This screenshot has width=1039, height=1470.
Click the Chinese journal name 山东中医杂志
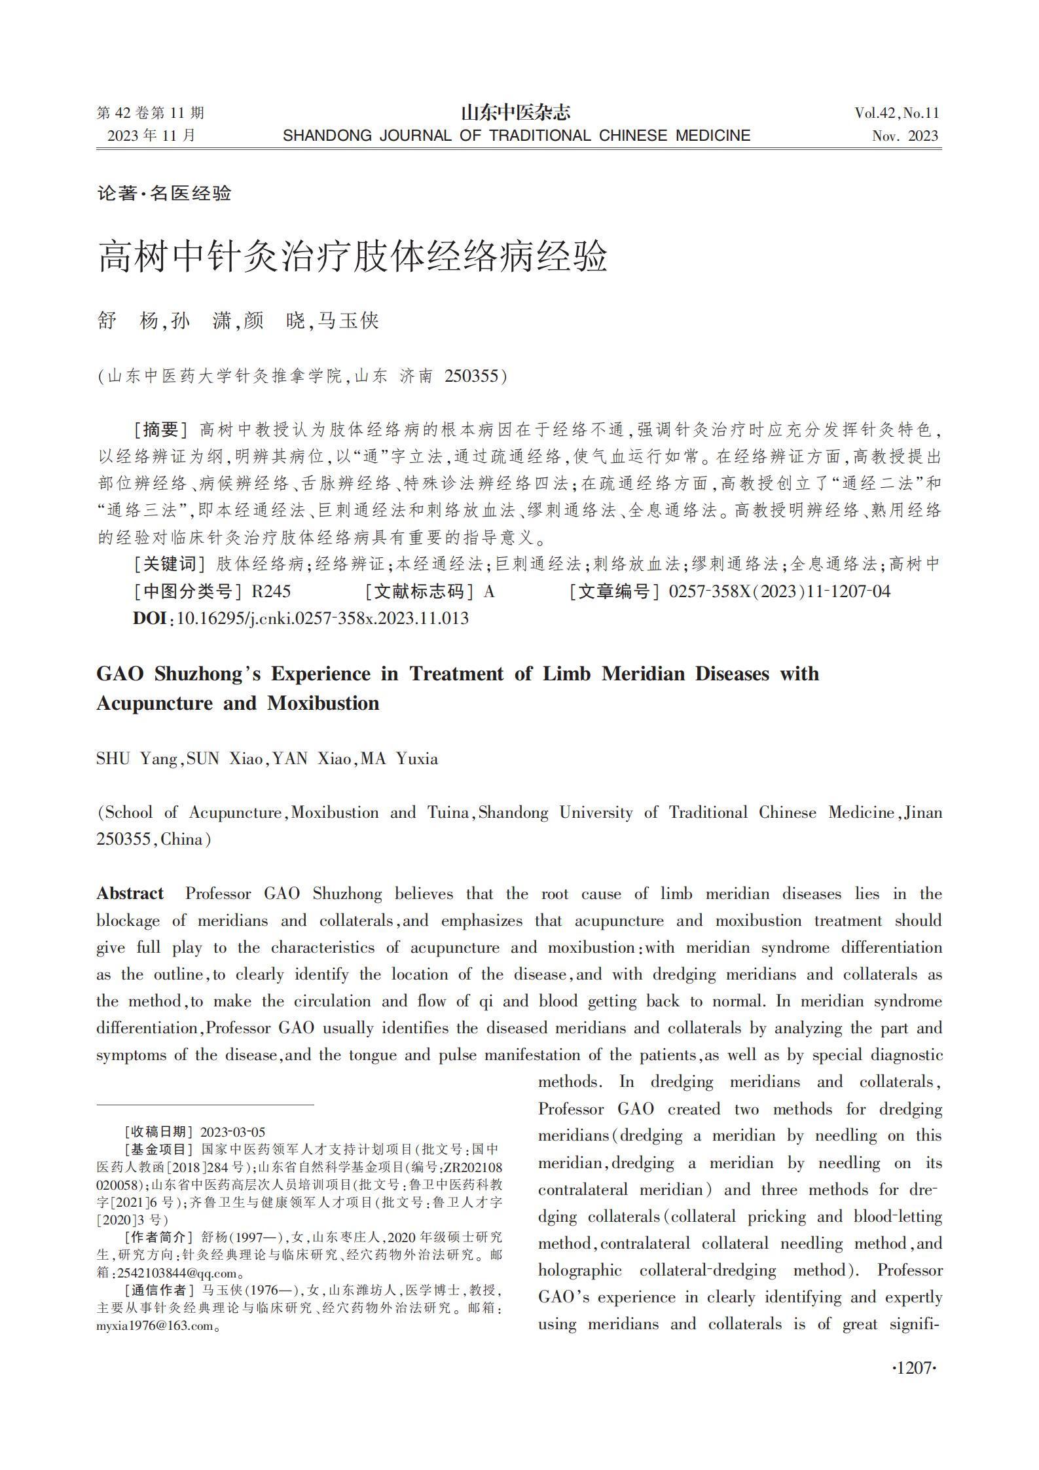pos(516,113)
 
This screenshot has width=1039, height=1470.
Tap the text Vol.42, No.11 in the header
pos(896,113)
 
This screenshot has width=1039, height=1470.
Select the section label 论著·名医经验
pos(164,193)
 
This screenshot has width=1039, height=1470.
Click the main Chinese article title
pos(352,257)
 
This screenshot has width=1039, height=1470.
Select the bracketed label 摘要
pos(160,430)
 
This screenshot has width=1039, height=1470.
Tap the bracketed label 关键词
pos(170,564)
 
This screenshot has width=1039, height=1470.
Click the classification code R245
pos(271,591)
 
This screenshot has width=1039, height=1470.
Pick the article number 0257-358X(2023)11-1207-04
pos(779,591)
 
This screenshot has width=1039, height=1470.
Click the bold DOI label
pos(149,618)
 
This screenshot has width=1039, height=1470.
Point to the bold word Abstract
pos(130,894)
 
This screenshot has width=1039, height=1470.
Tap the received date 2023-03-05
pos(232,1131)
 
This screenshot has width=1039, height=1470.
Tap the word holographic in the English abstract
pos(579,1270)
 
